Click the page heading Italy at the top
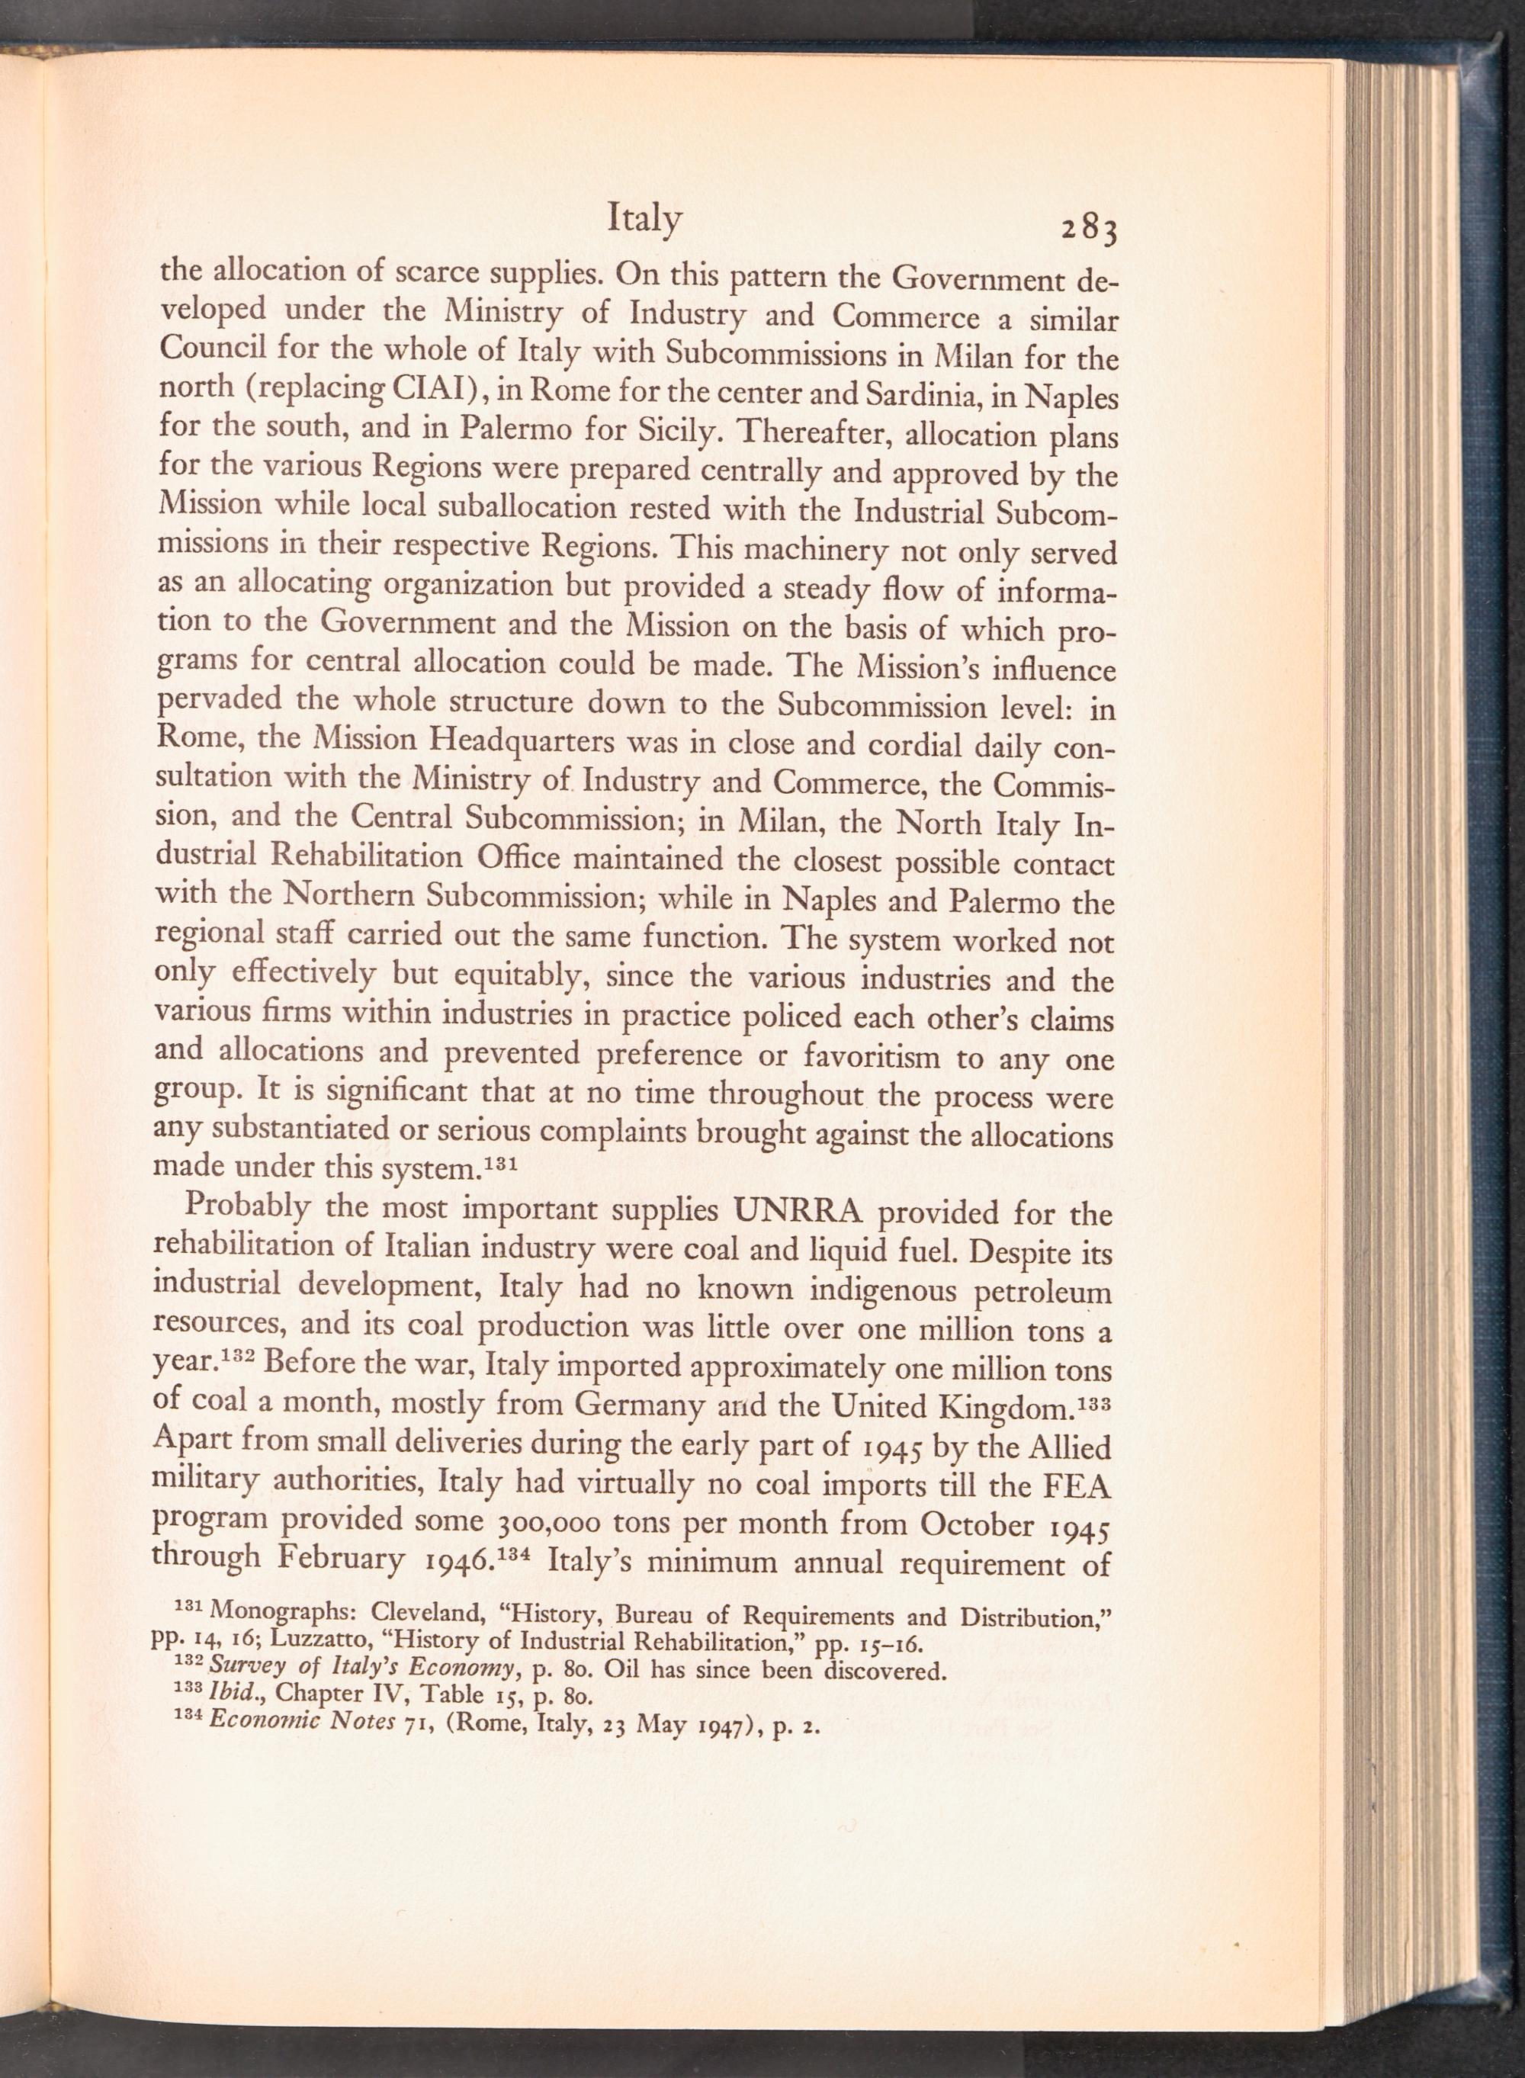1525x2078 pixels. [644, 219]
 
